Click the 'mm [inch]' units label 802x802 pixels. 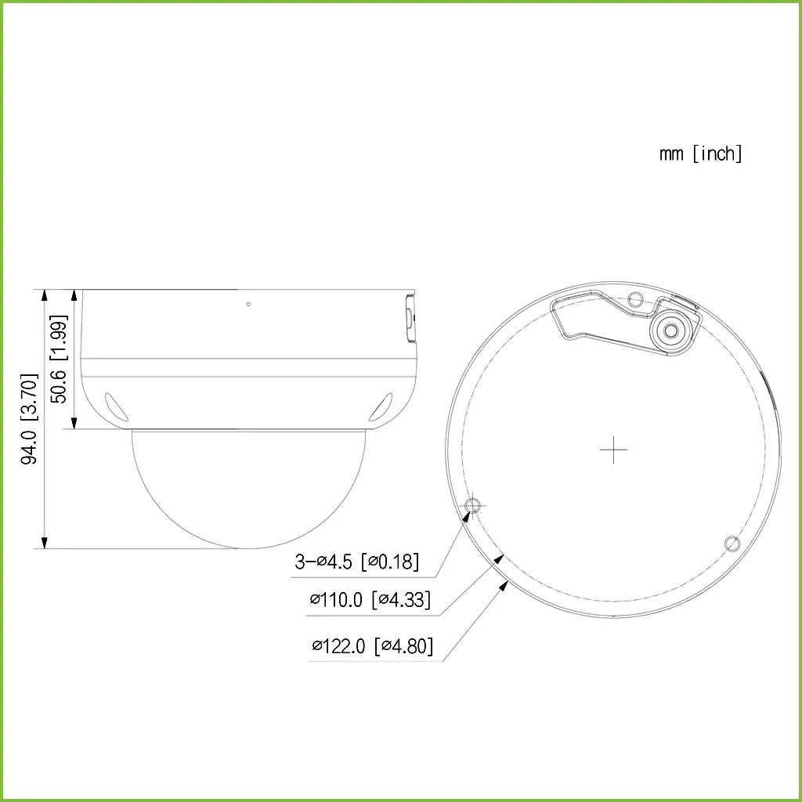point(700,154)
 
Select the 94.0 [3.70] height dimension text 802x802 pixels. point(30,419)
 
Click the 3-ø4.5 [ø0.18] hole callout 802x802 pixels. point(356,561)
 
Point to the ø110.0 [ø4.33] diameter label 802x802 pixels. point(370,601)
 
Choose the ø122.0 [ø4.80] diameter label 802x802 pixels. point(372,646)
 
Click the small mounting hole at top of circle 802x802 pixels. point(636,298)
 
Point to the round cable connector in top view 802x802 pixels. point(670,331)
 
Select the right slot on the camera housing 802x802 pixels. point(381,407)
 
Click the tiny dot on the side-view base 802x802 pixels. point(248,304)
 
